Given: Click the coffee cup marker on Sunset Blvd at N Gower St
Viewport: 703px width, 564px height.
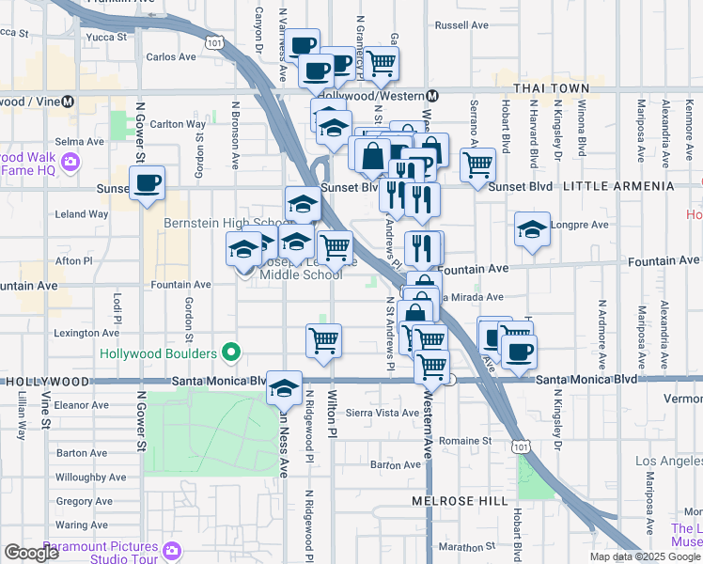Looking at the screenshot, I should [x=147, y=183].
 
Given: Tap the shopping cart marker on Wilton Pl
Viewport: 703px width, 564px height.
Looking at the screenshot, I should [x=323, y=341].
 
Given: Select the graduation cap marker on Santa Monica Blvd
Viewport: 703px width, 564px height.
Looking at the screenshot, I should [x=284, y=390].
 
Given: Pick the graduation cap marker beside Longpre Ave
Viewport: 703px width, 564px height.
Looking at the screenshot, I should [x=532, y=228].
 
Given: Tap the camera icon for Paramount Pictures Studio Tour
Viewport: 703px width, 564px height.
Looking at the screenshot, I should [x=171, y=548].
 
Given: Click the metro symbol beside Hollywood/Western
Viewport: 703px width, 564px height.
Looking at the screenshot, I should [x=433, y=96].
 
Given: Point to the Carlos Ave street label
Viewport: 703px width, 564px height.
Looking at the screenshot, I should [x=171, y=56].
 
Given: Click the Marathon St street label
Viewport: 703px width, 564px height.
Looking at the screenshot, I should [x=466, y=546].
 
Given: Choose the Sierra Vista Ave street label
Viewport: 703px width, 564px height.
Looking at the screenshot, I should [x=383, y=413].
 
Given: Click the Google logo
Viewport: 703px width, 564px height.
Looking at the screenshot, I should [x=31, y=553].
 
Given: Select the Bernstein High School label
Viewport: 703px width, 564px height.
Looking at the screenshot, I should [x=213, y=223].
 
